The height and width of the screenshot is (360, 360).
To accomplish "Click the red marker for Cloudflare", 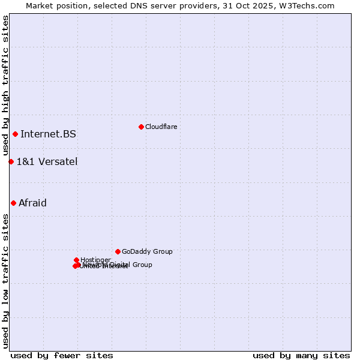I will [x=141, y=127].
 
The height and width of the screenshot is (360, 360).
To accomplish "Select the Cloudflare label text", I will [x=161, y=127].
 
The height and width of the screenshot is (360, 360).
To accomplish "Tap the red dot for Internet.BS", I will [x=15, y=134].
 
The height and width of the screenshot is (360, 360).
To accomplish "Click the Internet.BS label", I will [x=48, y=134].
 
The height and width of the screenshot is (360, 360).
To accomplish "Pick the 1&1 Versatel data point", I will [x=11, y=161].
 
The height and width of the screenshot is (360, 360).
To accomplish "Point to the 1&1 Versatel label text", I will [x=47, y=161].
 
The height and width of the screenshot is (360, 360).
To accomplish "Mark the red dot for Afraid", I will [x=13, y=203].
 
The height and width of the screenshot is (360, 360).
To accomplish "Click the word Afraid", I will [x=32, y=203].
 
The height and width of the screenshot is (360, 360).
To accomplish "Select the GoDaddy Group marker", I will [x=118, y=251].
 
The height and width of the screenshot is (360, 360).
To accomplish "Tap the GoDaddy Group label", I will [x=147, y=251].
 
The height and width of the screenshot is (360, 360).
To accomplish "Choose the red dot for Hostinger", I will [x=76, y=260].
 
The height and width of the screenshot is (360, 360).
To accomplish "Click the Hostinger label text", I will [x=95, y=260].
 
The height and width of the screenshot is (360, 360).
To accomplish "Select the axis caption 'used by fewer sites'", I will [x=62, y=356].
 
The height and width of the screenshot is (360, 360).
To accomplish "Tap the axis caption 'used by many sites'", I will [x=301, y=356].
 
